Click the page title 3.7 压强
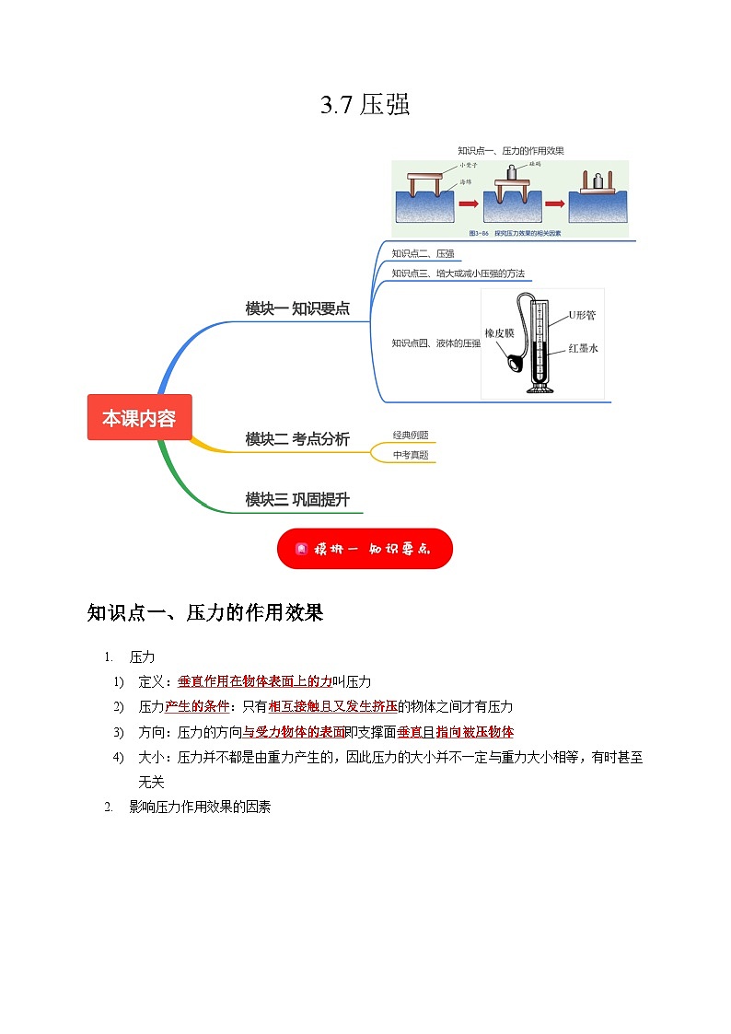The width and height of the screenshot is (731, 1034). [365, 106]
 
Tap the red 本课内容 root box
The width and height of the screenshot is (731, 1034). [139, 417]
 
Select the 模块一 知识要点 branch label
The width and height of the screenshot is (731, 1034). [297, 308]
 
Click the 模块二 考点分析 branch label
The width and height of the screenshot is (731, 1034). [297, 439]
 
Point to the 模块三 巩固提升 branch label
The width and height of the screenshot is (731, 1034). [297, 499]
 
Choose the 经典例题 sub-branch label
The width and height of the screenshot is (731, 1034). [411, 436]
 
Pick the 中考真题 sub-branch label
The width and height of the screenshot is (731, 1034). [411, 455]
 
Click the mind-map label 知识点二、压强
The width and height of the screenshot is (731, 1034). [423, 253]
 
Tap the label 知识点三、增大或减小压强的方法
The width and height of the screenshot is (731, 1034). [461, 273]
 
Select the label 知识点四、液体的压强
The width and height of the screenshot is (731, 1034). [435, 343]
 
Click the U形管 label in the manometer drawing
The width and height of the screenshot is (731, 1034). [582, 315]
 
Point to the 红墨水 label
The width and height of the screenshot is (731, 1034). [584, 349]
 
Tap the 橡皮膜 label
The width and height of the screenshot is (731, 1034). [500, 333]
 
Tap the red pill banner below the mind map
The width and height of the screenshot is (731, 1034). [365, 549]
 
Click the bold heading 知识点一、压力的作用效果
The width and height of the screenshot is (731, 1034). [205, 613]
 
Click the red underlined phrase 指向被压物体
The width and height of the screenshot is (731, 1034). [474, 732]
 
